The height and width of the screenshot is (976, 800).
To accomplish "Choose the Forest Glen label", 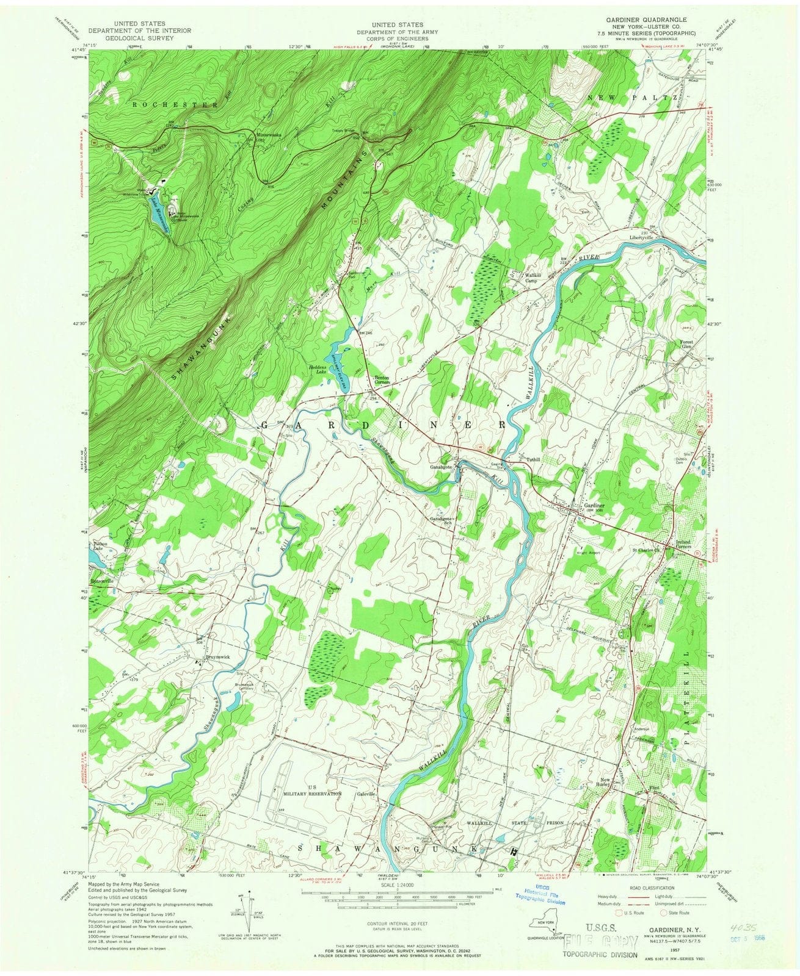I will (x=689, y=346).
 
